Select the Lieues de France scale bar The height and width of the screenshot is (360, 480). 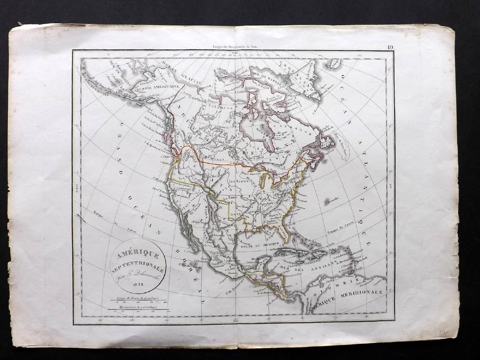tap(137, 301)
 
